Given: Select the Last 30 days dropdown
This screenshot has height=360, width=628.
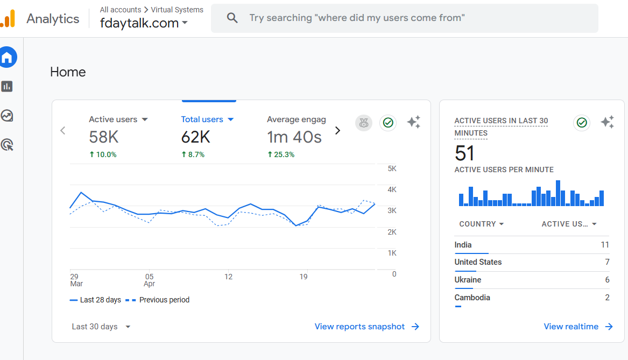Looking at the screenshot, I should [101, 327].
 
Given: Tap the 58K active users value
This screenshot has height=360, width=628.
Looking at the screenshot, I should [104, 137].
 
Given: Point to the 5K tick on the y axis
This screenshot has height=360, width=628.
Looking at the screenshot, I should [392, 168].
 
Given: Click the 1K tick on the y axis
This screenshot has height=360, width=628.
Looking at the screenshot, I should [392, 253].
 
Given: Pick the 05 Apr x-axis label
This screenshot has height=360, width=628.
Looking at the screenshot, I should [149, 280].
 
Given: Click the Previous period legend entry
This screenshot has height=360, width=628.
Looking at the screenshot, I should [164, 300].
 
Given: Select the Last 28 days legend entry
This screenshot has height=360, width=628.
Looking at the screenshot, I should [100, 300].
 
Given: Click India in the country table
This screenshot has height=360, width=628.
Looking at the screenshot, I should [463, 245].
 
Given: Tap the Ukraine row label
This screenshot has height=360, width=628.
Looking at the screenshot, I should [468, 280].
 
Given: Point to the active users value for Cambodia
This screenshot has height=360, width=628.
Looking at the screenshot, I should [607, 298].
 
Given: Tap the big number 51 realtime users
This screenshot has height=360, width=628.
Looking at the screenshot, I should [465, 153].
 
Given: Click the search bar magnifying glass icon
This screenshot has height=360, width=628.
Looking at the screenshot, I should [232, 18].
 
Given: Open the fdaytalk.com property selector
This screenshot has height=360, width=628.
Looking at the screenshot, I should [144, 23].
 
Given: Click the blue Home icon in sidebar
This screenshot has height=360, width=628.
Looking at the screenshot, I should [8, 58].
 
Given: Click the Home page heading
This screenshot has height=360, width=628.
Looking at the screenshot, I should [68, 72].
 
